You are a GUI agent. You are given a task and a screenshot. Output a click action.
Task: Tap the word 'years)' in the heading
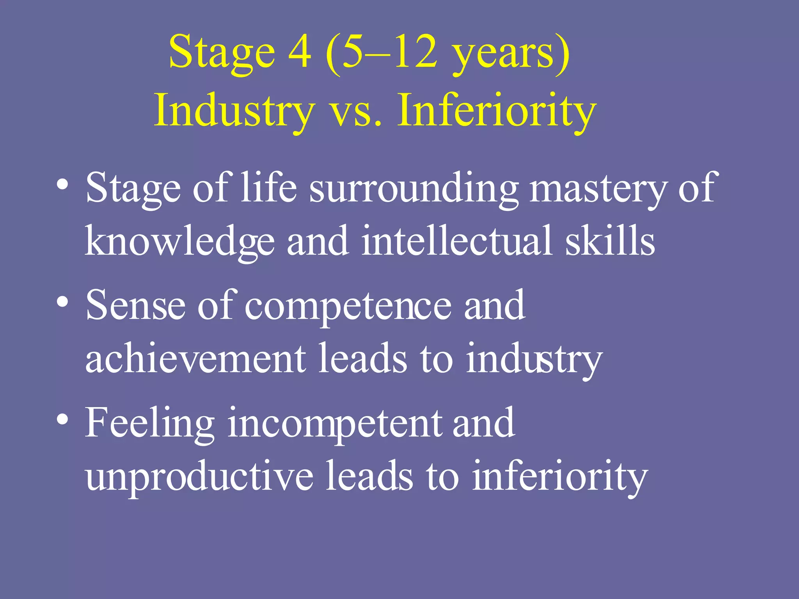tap(511, 55)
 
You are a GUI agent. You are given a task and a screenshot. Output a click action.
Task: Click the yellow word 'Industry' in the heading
tap(234, 111)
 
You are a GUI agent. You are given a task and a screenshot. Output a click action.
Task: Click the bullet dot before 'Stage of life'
tap(63, 184)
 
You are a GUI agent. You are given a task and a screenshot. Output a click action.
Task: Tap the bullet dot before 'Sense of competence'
tap(63, 301)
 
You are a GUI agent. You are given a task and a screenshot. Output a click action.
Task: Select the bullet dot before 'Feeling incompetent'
tap(63, 419)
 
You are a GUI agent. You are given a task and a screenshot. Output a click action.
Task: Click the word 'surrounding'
tap(414, 189)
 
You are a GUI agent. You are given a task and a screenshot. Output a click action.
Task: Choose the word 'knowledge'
tap(180, 242)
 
